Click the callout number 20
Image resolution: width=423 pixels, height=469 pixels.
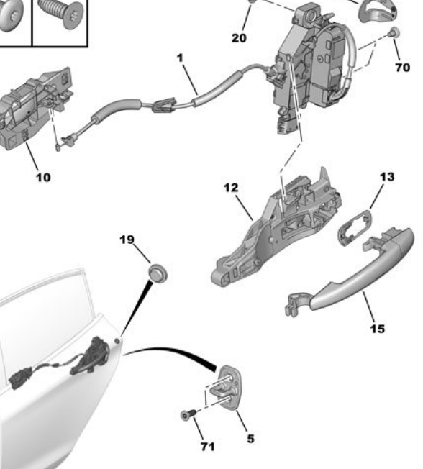click(x=239, y=38)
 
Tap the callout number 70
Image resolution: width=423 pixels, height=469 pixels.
click(x=403, y=68)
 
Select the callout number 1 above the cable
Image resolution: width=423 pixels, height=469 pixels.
click(x=180, y=58)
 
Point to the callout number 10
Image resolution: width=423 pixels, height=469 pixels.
click(x=43, y=178)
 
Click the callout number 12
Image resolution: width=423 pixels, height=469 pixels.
click(x=231, y=188)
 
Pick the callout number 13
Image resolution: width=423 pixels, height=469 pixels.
click(x=387, y=177)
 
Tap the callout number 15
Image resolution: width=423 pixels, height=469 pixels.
click(x=378, y=329)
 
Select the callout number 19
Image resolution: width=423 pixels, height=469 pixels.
click(x=127, y=240)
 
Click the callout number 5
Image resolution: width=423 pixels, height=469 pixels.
click(x=250, y=439)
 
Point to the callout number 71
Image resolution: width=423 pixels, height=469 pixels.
click(x=208, y=447)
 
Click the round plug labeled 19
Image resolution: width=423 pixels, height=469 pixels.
click(x=158, y=273)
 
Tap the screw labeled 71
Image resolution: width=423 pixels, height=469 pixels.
click(x=188, y=414)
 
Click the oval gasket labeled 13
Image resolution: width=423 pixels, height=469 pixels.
click(x=355, y=227)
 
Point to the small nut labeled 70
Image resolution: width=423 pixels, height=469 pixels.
click(x=395, y=32)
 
